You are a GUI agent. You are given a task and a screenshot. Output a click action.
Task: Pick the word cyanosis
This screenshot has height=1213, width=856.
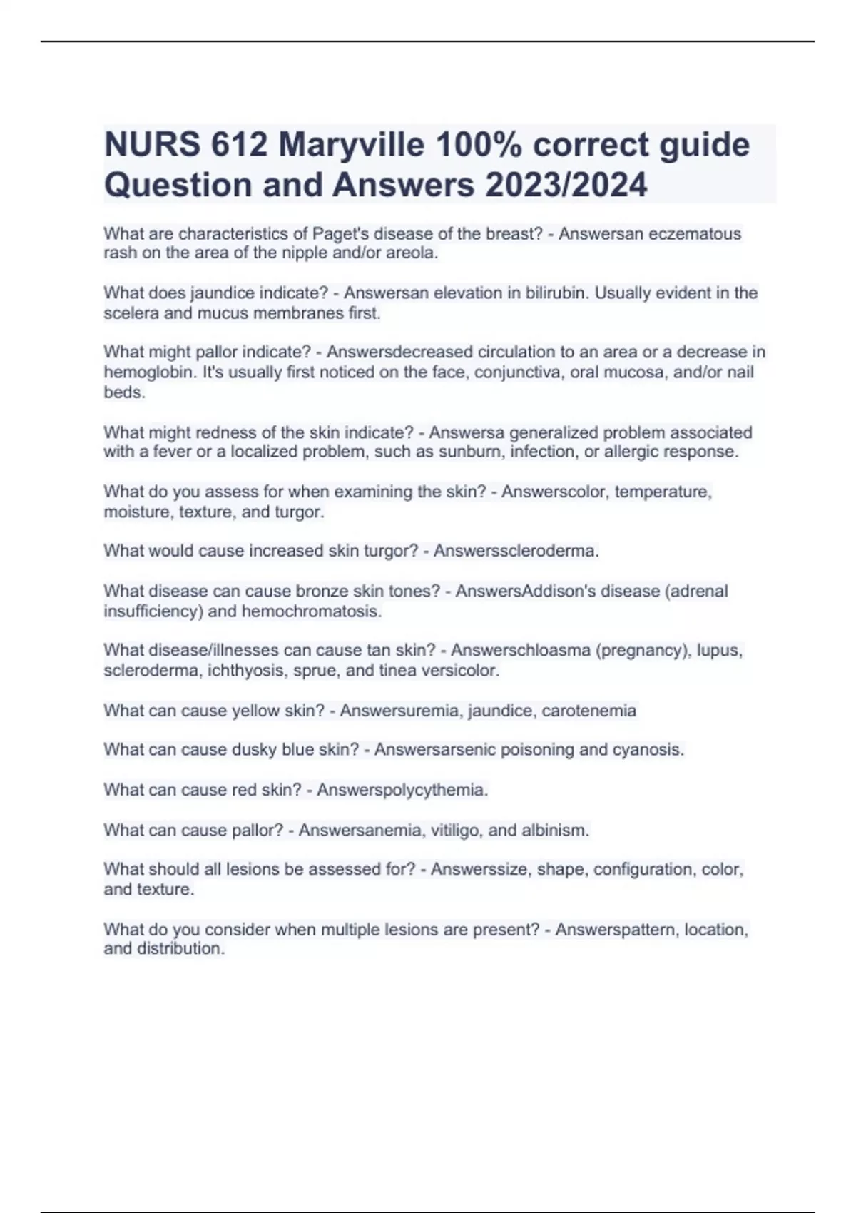[x=648, y=750]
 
